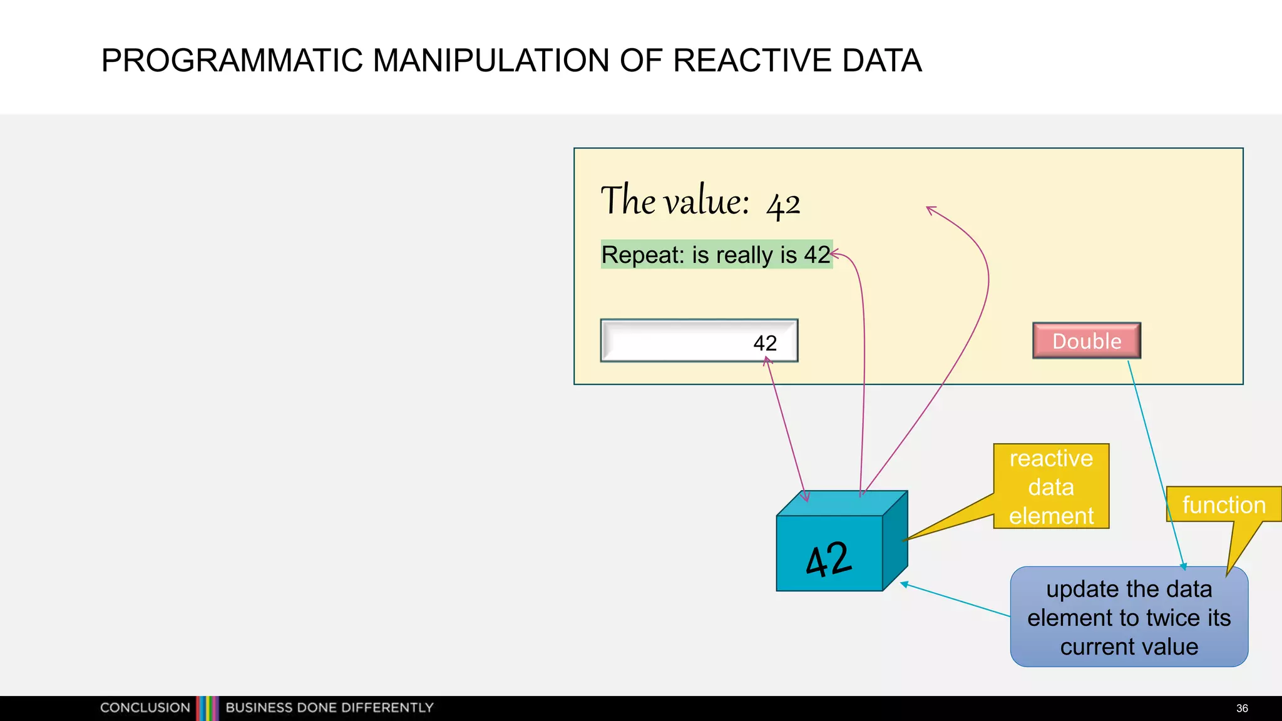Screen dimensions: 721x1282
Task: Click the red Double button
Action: click(1087, 341)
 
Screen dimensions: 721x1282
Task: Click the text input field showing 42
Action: click(699, 341)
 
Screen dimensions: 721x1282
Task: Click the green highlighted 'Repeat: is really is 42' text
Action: click(715, 255)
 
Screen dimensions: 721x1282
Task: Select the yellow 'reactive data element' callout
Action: click(1051, 487)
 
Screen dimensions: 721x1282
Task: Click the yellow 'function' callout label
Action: click(1223, 504)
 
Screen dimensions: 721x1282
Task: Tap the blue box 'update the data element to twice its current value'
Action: click(1129, 618)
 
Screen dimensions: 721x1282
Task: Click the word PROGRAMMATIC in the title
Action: click(232, 61)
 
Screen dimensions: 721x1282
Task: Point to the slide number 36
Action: click(1242, 708)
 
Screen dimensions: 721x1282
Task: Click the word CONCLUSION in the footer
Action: click(145, 708)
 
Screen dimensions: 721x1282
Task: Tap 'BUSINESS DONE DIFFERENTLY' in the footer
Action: click(329, 708)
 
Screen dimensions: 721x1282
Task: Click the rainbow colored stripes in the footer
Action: click(208, 708)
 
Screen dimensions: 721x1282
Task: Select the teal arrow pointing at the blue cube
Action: click(955, 600)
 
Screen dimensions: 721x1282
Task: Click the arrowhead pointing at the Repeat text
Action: click(836, 253)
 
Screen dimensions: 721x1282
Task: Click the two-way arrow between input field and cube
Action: click(786, 429)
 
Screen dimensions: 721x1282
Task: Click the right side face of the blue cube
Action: click(895, 540)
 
